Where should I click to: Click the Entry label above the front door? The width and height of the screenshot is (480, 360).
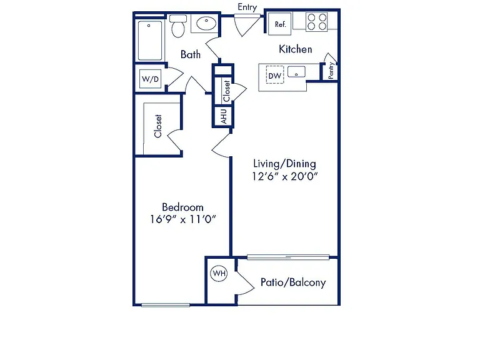click(x=247, y=7)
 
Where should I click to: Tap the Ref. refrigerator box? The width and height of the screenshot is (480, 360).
click(x=280, y=24)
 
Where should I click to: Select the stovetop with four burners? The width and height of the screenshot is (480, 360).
click(x=317, y=22)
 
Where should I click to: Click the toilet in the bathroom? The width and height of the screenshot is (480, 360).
click(x=178, y=26)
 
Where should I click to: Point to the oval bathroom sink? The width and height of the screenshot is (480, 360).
click(x=206, y=23)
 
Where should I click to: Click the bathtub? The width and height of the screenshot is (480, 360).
click(x=150, y=41)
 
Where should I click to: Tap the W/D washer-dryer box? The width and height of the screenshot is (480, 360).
click(x=150, y=79)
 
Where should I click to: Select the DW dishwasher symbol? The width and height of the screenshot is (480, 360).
click(x=275, y=75)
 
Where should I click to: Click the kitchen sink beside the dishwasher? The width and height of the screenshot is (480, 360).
click(x=296, y=72)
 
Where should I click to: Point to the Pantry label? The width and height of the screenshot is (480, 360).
click(x=331, y=71)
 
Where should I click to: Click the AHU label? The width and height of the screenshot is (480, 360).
click(x=224, y=116)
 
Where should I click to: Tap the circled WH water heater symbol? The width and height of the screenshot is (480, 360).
click(x=219, y=273)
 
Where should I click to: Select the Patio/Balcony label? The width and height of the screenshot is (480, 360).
click(x=293, y=282)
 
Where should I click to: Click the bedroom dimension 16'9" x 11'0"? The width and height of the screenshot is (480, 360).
click(x=183, y=219)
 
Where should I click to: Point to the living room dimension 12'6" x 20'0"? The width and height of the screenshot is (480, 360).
click(x=285, y=176)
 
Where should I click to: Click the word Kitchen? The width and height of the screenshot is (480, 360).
click(x=296, y=49)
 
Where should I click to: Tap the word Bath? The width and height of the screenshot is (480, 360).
click(x=191, y=54)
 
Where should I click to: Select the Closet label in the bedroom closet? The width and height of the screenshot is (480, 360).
click(x=157, y=126)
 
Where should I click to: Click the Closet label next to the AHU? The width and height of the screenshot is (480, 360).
click(x=226, y=91)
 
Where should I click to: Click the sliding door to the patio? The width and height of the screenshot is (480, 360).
click(x=288, y=257)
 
